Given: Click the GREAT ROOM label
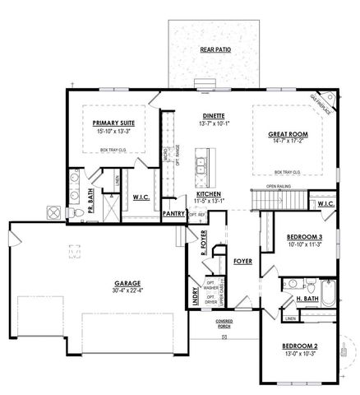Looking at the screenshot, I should (288, 133).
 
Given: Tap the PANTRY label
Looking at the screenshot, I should (173, 212).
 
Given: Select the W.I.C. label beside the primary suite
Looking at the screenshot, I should (140, 197).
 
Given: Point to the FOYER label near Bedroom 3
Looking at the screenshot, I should (242, 261).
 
